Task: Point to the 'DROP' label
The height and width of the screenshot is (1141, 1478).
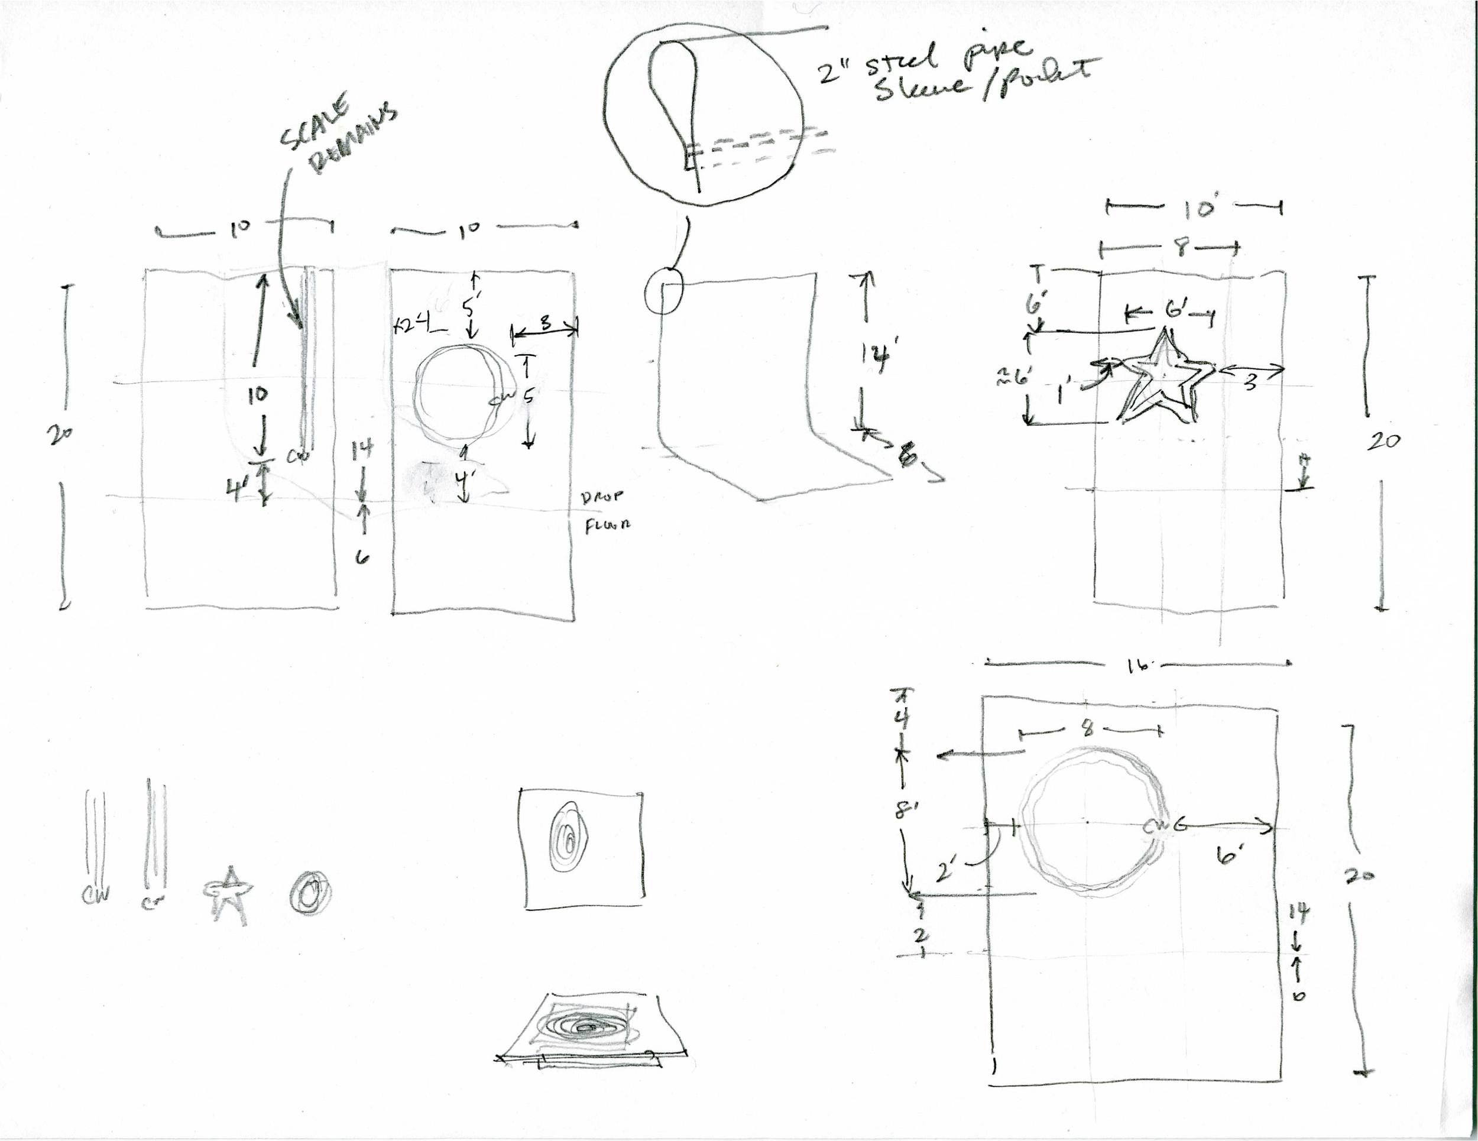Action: click(602, 497)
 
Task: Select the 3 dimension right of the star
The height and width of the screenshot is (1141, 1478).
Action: click(1250, 382)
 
